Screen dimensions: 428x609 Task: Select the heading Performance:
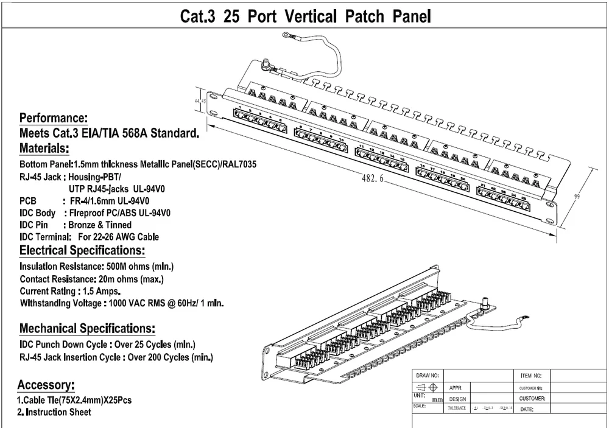[x=54, y=118]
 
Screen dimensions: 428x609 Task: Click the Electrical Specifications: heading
[x=82, y=251]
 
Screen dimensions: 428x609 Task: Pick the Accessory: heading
[x=46, y=385]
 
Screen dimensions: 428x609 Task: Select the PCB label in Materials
[x=29, y=201]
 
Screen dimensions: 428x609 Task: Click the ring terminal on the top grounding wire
[x=286, y=40]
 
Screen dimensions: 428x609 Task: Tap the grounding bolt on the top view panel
[x=266, y=63]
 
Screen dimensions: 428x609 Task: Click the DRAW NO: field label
[x=427, y=376]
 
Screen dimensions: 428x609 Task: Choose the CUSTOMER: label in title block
[x=532, y=398]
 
